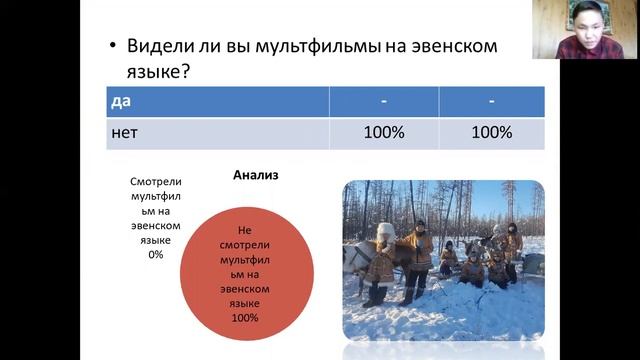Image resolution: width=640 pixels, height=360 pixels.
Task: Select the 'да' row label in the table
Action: click(121, 102)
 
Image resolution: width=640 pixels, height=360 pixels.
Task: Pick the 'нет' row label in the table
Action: click(125, 133)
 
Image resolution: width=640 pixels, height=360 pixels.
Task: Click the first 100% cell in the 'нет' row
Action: click(383, 133)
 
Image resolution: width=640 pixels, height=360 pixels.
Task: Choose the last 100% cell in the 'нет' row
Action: click(491, 133)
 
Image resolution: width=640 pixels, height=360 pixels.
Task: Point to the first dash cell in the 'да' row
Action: click(383, 102)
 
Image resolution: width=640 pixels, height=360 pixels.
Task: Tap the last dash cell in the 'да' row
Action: click(491, 102)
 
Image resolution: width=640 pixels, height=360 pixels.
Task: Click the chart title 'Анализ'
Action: click(256, 175)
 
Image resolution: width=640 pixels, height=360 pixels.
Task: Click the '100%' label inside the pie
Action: click(245, 318)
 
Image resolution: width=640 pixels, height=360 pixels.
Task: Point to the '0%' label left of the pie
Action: click(155, 255)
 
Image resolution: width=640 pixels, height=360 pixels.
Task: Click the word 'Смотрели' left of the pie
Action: click(155, 182)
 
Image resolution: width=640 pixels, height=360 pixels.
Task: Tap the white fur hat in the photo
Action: click(386, 231)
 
